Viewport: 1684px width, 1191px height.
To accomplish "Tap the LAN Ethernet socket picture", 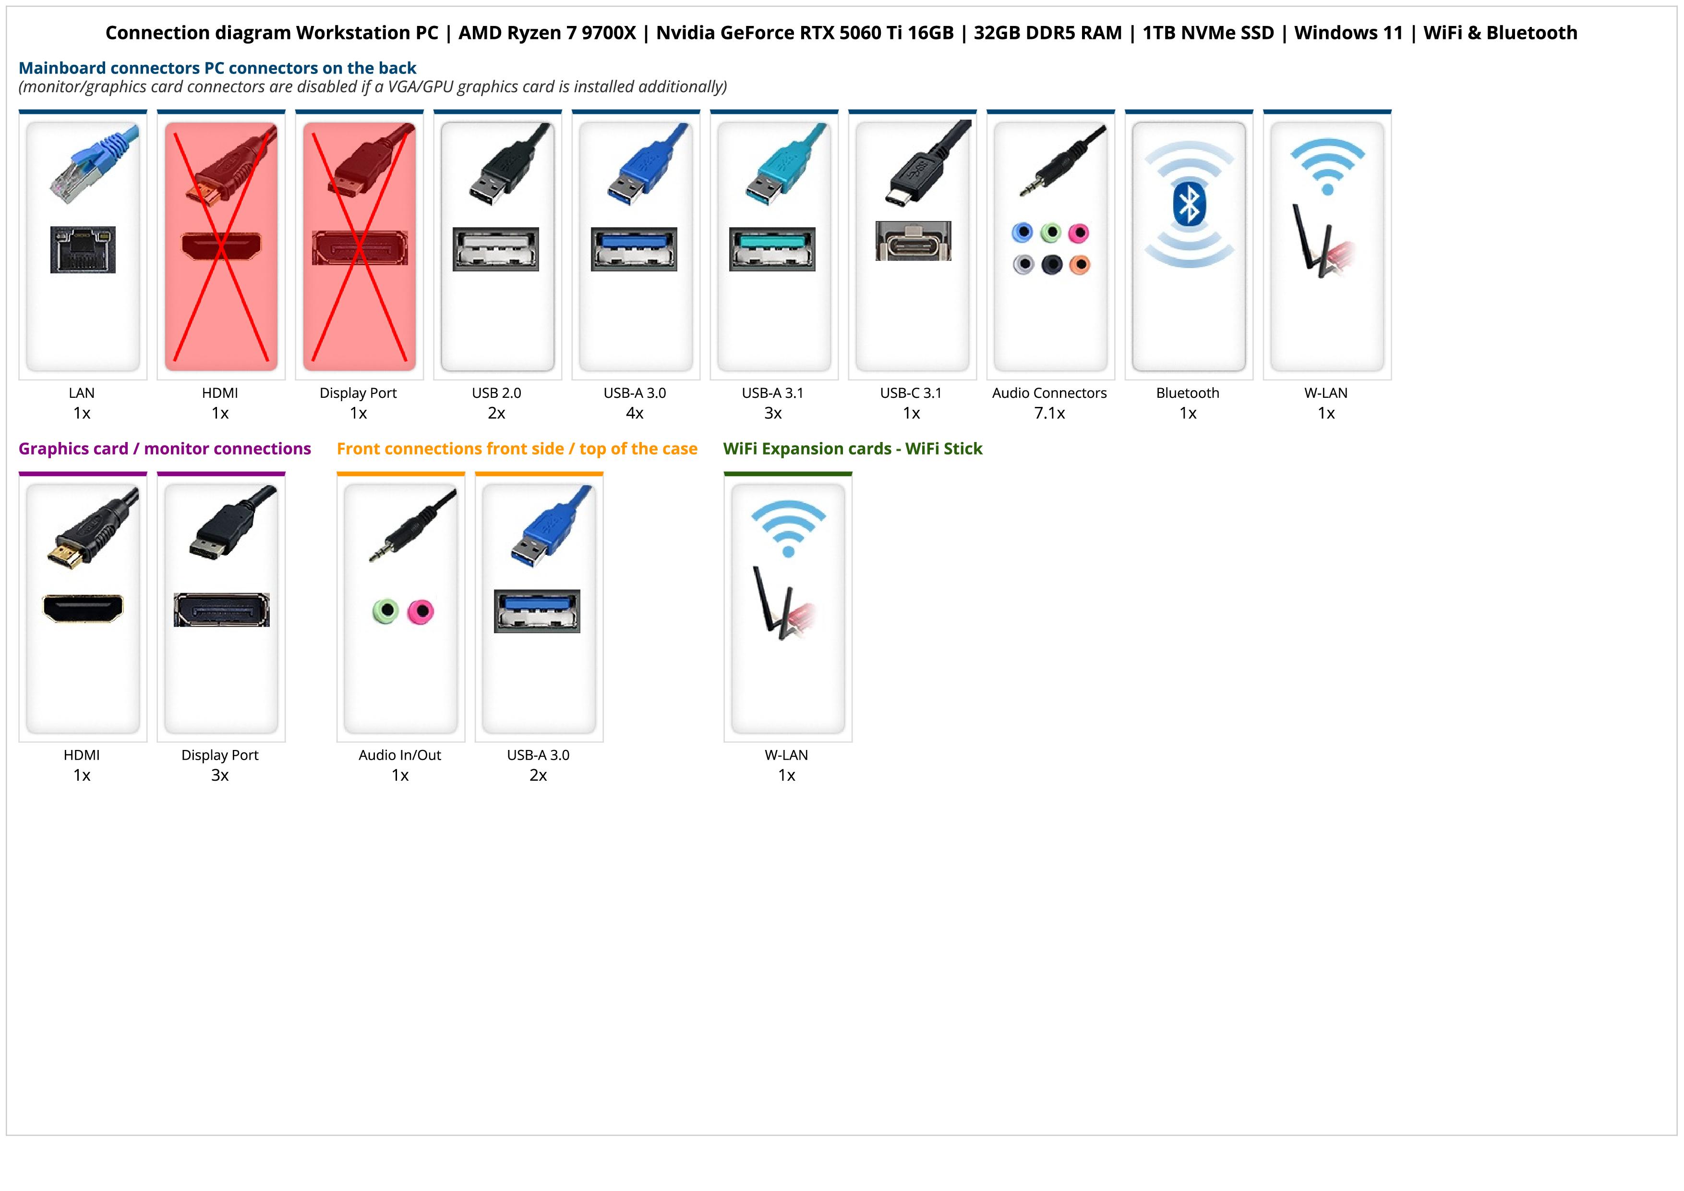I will (x=83, y=249).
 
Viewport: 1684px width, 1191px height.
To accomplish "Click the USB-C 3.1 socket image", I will (x=913, y=241).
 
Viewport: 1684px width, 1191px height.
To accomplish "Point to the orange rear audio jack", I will (x=1080, y=264).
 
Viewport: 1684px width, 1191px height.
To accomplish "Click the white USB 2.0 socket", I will (x=496, y=249).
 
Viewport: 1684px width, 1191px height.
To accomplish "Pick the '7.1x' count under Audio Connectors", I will (x=1049, y=413).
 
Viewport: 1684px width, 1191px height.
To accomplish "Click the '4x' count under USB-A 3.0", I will (x=635, y=413).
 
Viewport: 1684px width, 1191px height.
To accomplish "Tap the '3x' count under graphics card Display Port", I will (x=220, y=775).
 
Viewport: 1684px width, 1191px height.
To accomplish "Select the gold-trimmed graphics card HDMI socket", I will (x=83, y=608).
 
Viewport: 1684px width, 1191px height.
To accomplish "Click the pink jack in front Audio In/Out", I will (x=420, y=611).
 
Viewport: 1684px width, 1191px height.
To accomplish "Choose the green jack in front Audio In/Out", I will (x=385, y=611).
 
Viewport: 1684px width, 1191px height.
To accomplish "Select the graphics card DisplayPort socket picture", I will (x=221, y=610).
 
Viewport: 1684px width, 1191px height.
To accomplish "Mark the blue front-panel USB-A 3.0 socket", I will (x=537, y=611).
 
